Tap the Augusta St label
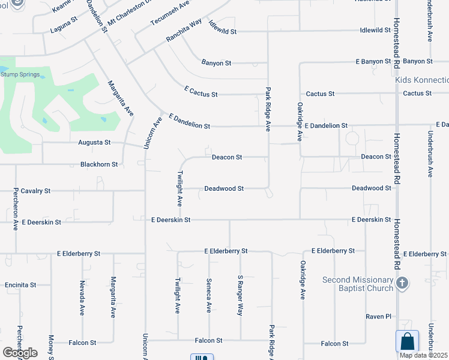point(94,143)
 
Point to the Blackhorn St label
point(99,164)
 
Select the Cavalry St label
point(35,191)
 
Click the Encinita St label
point(20,285)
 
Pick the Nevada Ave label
point(82,298)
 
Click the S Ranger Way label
point(240,296)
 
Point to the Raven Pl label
point(379,316)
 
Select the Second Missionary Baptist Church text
point(358,284)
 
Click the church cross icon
point(403,283)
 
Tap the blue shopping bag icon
point(407,341)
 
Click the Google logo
point(20,353)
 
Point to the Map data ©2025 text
point(424,355)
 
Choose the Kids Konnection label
point(422,80)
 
